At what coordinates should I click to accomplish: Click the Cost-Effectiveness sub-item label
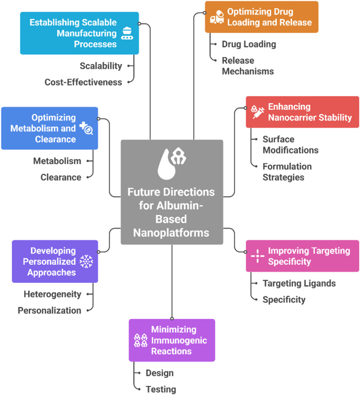(x=83, y=82)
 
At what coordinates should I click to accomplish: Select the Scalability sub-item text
(x=101, y=66)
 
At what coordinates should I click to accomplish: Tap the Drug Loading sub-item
(x=249, y=44)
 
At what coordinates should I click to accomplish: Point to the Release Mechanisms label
(x=248, y=66)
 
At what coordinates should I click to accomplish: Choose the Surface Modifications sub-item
(x=290, y=145)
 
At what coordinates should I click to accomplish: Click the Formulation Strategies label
(x=287, y=172)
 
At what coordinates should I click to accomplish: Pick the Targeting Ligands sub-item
(x=299, y=283)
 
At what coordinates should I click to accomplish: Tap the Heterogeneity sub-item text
(x=52, y=294)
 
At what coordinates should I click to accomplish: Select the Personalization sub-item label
(x=49, y=310)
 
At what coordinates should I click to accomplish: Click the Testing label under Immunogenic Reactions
(x=161, y=390)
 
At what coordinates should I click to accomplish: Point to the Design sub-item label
(x=160, y=373)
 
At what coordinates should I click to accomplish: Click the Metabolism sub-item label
(x=57, y=161)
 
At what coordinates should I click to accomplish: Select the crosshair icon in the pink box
(x=257, y=256)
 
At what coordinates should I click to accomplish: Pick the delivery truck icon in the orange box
(x=217, y=17)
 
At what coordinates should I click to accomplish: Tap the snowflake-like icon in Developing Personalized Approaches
(x=86, y=262)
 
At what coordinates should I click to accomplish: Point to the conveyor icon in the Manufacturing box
(x=127, y=33)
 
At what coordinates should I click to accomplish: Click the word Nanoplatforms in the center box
(x=171, y=233)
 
